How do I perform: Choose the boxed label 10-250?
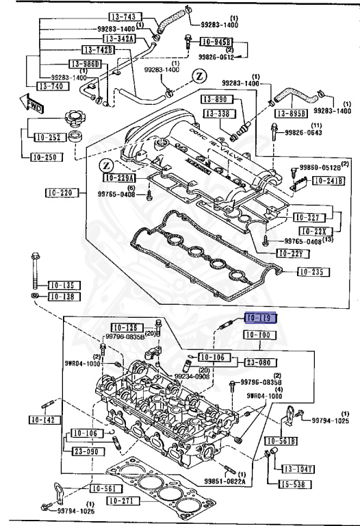(x=45, y=157)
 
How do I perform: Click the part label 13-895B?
(x=291, y=113)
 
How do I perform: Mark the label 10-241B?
(x=329, y=181)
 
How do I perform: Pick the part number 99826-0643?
(x=304, y=132)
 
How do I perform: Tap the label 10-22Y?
(x=294, y=253)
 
